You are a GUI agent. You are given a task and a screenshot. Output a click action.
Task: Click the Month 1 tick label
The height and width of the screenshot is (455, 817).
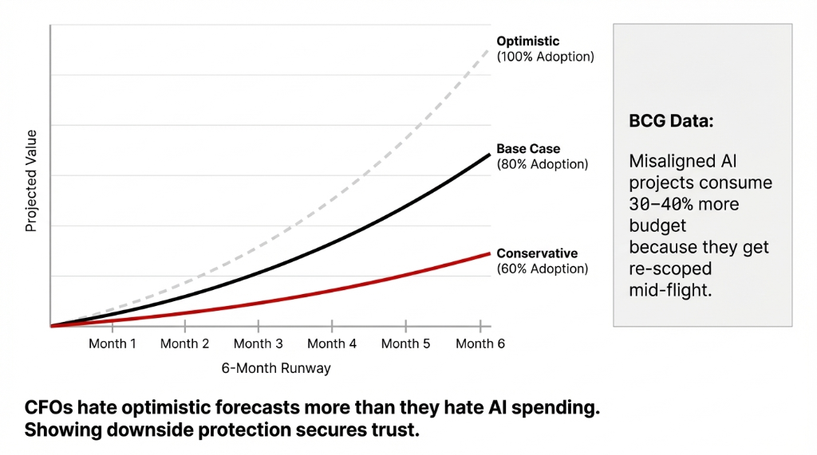[112, 343]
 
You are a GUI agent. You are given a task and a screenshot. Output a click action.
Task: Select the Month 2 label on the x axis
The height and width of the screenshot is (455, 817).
[184, 343]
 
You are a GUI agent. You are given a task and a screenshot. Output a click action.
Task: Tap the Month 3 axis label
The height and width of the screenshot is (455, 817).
[258, 343]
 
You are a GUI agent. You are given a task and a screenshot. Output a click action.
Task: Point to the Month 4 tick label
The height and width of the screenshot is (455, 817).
[332, 343]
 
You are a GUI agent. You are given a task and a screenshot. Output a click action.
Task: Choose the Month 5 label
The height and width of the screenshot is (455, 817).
[405, 343]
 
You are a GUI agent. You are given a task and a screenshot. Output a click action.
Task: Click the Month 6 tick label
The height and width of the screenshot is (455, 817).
[480, 343]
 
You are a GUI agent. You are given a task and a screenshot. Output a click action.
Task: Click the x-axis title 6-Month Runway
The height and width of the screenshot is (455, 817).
[276, 368]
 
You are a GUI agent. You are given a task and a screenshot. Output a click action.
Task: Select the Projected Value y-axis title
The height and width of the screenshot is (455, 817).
[31, 181]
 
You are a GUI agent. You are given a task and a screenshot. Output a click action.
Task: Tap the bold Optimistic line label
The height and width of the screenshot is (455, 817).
[527, 41]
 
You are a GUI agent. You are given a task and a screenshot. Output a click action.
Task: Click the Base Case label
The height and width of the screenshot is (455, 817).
[528, 148]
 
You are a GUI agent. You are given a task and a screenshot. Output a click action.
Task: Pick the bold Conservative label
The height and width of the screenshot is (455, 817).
[537, 253]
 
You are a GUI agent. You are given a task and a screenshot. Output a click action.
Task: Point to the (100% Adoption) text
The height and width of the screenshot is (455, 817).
[545, 57]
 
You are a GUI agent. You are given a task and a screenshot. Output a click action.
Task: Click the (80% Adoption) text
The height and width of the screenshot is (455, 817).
[542, 164]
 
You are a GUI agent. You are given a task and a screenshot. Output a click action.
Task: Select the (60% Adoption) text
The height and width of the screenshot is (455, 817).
[542, 269]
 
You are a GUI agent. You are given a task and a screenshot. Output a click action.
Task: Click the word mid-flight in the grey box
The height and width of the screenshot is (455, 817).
[669, 290]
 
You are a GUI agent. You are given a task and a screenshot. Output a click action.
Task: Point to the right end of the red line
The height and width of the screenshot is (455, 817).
[489, 253]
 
